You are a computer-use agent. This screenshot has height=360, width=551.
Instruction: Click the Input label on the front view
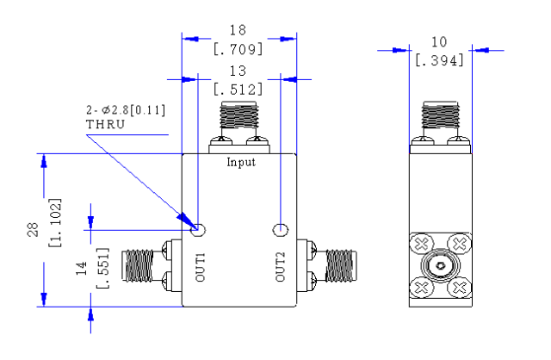pyautogui.click(x=241, y=163)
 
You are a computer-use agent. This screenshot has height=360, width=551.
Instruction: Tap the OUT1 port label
pyautogui.click(x=200, y=267)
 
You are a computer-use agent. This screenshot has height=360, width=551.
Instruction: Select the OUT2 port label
pyautogui.click(x=280, y=267)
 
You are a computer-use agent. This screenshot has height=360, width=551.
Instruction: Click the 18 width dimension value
pyautogui.click(x=238, y=30)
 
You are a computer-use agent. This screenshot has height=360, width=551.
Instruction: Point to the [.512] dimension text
pyautogui.click(x=238, y=90)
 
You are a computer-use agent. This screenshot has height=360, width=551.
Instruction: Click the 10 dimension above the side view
pyautogui.click(x=439, y=42)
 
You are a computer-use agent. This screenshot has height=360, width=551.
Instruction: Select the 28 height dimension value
pyautogui.click(x=33, y=230)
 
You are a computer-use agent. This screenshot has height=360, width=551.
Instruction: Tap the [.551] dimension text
pyautogui.click(x=103, y=268)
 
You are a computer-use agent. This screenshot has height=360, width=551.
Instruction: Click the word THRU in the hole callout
pyautogui.click(x=105, y=125)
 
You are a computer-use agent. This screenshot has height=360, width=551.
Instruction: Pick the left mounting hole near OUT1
pyautogui.click(x=198, y=230)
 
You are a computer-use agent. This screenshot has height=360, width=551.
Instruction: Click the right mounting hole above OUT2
pyautogui.click(x=281, y=230)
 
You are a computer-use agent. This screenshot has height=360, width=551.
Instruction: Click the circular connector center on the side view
pyautogui.click(x=440, y=266)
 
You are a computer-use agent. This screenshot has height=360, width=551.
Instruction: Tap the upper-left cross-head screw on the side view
pyautogui.click(x=422, y=244)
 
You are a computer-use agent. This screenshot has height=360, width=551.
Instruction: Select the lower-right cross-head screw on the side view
pyautogui.click(x=459, y=288)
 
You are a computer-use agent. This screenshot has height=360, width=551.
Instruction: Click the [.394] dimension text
pyautogui.click(x=439, y=60)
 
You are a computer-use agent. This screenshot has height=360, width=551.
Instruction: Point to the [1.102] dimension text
pyautogui.click(x=55, y=222)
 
